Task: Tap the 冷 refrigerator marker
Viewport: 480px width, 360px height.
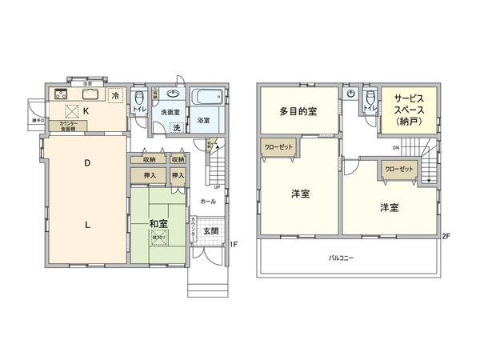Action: [x=116, y=96]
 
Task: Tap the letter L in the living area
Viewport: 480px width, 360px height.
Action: [x=87, y=224]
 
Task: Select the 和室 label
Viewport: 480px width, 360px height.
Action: [x=157, y=222]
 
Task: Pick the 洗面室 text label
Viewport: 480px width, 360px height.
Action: [x=169, y=113]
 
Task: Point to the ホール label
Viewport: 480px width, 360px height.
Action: [x=207, y=202]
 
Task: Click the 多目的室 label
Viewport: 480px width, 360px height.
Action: [x=298, y=111]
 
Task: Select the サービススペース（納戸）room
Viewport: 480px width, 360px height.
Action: [x=409, y=110]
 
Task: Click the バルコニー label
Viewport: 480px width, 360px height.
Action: [x=345, y=258]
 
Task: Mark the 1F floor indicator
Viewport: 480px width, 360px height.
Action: [x=232, y=244]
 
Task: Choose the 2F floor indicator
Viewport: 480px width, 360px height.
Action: [x=446, y=236]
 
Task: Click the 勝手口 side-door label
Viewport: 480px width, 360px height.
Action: [x=36, y=121]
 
